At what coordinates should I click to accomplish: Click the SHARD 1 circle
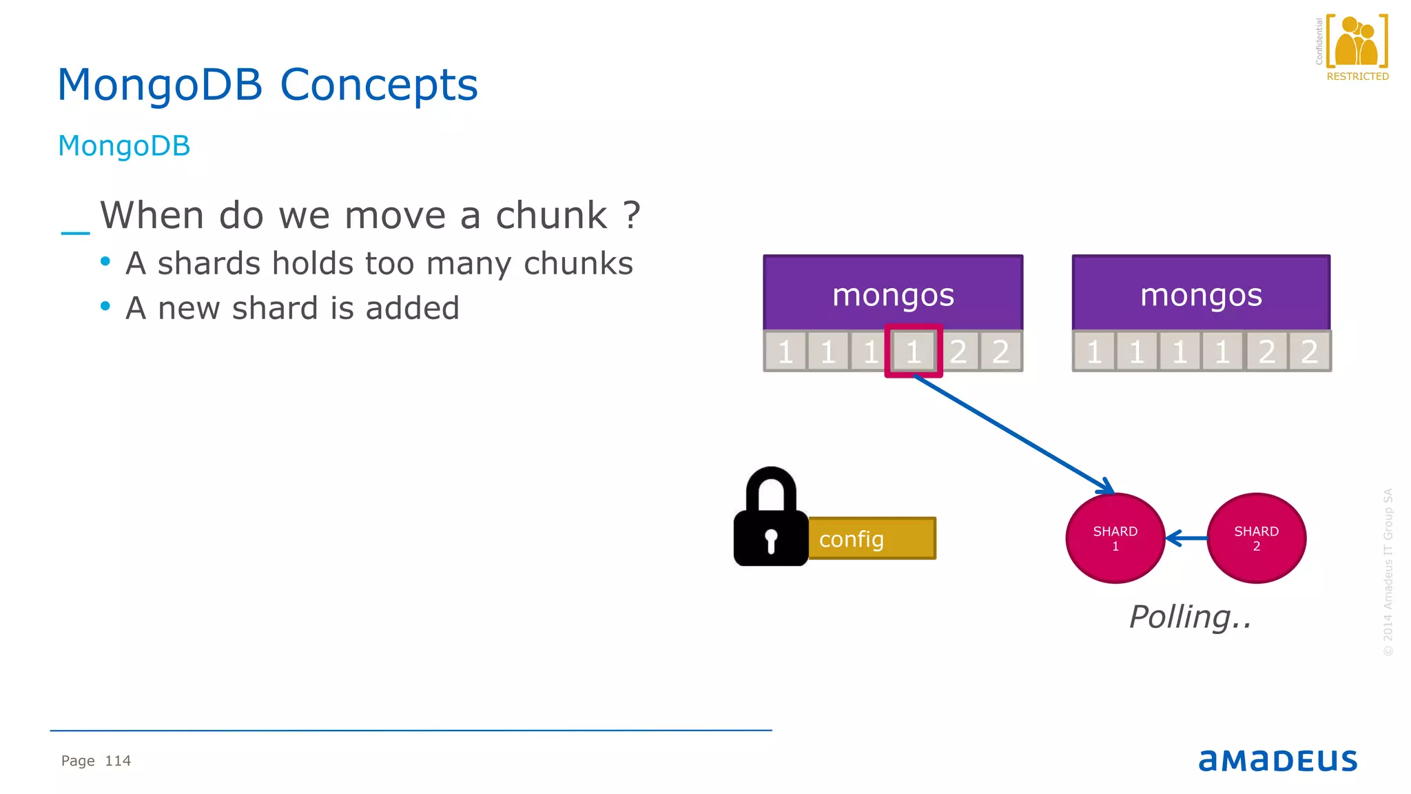[1115, 538]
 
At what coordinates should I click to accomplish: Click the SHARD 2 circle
[1256, 538]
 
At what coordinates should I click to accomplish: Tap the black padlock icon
[770, 520]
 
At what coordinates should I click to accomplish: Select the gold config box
[872, 538]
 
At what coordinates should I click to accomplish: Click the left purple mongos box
[893, 293]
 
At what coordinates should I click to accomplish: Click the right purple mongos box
[1201, 293]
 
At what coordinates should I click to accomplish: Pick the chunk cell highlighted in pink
[914, 352]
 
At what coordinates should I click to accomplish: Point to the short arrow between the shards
[1186, 538]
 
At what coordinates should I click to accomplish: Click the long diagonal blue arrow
[1013, 434]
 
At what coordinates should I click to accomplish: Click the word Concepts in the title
[378, 85]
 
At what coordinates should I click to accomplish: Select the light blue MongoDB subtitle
[124, 146]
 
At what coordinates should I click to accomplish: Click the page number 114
[118, 761]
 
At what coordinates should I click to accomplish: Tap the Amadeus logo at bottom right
[1278, 760]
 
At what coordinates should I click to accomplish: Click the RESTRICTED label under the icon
[1357, 77]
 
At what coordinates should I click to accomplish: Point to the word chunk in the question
[551, 216]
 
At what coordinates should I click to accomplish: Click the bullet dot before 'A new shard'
[105, 306]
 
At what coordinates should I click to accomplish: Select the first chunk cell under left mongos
[785, 352]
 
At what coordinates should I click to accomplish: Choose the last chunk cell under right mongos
[1309, 352]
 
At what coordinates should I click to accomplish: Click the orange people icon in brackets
[1357, 42]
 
